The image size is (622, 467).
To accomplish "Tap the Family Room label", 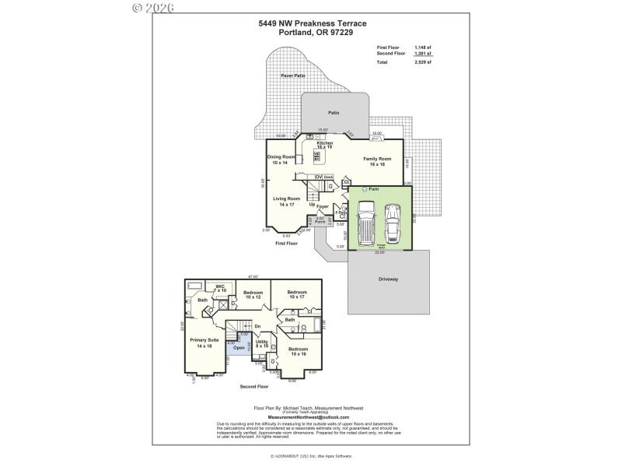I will pos(377,161).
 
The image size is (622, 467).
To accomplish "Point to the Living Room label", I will pos(286,201).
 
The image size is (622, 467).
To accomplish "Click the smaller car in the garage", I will pos(393,226).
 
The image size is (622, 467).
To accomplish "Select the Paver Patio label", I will pos(293,75).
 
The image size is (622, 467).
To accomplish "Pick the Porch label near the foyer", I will pos(320,221).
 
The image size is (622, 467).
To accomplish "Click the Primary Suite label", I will pos(204,342).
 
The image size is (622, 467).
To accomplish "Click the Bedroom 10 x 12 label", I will pos(253,294).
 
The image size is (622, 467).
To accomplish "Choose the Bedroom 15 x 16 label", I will pos(298,351).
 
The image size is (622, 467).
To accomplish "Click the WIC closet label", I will pos(220,288).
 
